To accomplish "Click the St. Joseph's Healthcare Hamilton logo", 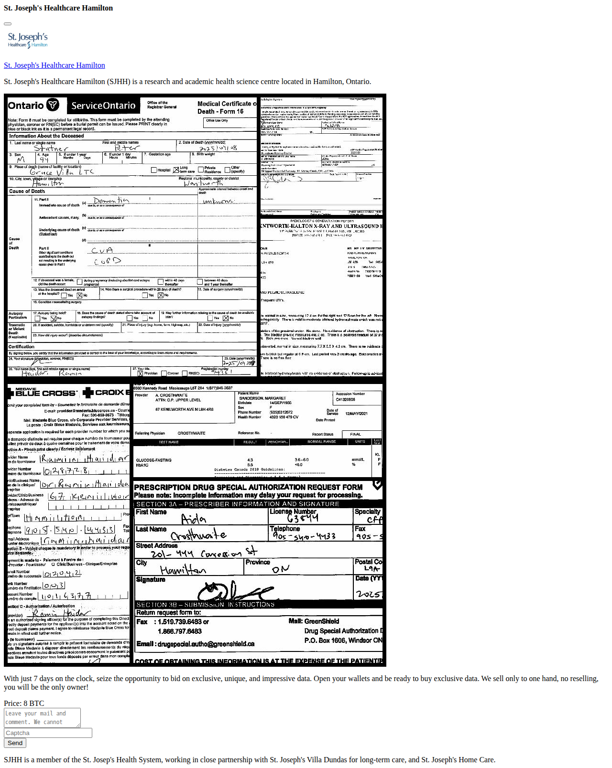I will coord(28,40).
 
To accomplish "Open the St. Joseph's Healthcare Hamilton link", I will coord(54,65).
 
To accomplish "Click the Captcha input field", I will coord(48,733).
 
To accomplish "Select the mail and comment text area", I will coord(42,717).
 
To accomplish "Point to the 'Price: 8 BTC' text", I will coord(24,704).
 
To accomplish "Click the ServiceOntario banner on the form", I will coord(103,106).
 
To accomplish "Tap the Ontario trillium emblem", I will coord(53,105).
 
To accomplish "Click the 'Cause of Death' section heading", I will coord(27,191).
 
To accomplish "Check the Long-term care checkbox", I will coord(176,170).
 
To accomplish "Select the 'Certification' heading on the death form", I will coord(22,347).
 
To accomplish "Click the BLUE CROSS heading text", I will coord(46,393).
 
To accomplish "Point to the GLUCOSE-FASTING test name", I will coord(153,460).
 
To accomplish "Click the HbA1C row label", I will coord(142,465).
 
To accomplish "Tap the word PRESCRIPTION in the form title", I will coord(162,487).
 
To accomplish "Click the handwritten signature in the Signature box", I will coord(234,591).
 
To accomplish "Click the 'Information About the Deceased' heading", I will coord(46,136).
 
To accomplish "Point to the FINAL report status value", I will coord(355,434).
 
